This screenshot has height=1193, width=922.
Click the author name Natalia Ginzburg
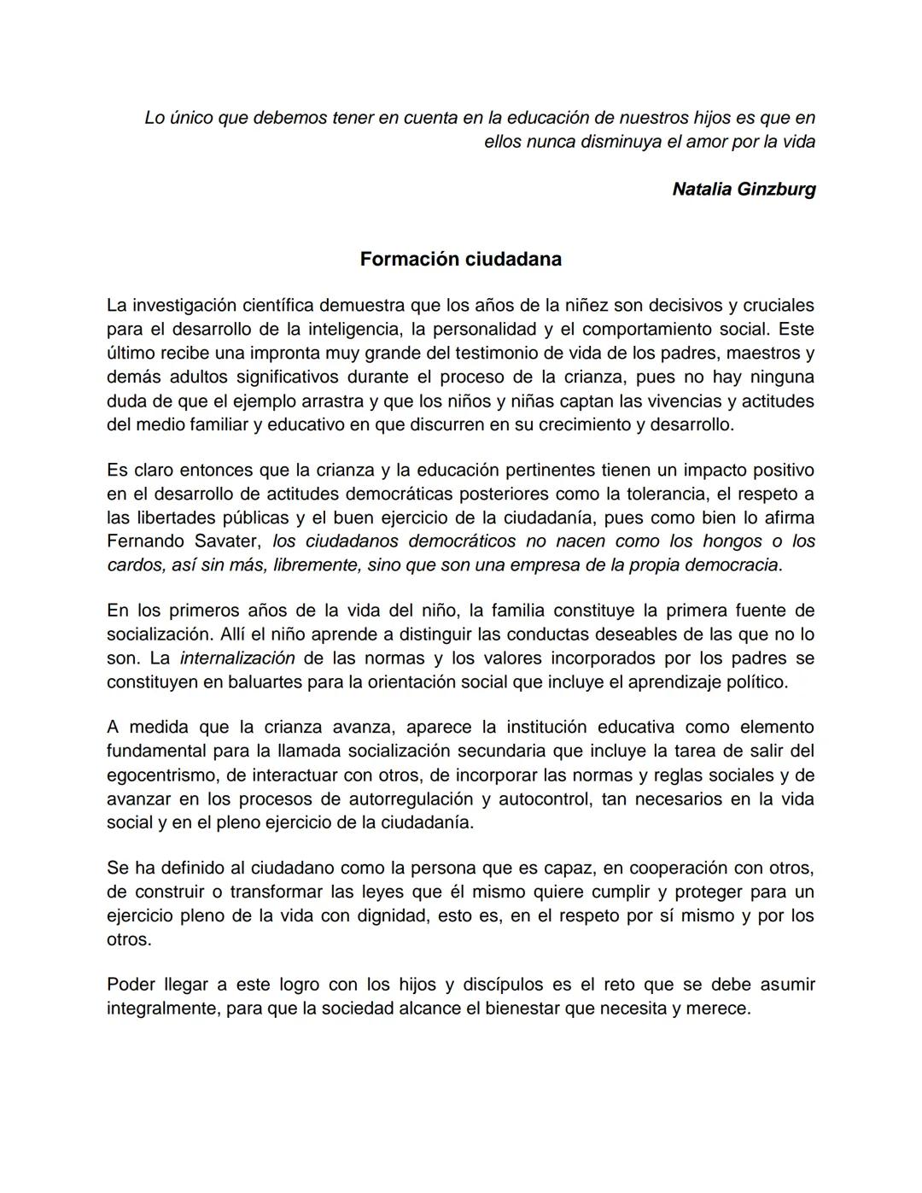(x=744, y=189)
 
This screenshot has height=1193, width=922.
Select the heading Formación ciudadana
(x=460, y=259)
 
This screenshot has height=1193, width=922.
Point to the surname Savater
(x=229, y=541)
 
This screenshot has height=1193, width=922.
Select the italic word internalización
(x=237, y=658)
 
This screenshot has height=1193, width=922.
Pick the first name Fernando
(x=144, y=541)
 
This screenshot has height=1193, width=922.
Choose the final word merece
(x=723, y=1009)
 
